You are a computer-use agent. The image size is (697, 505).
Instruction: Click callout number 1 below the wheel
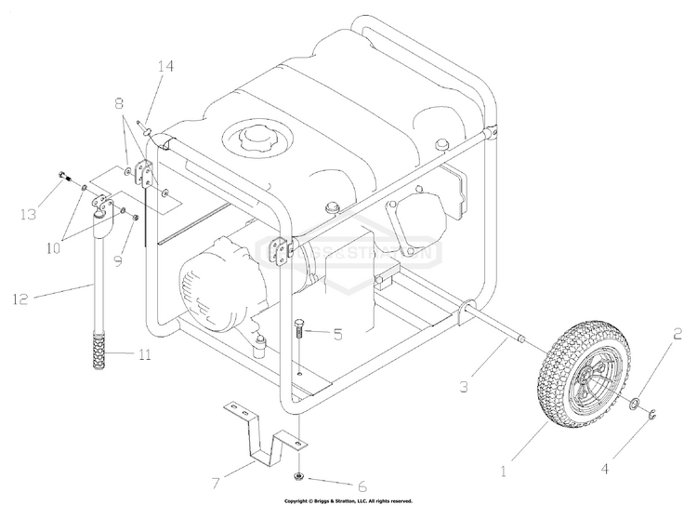coord(505,471)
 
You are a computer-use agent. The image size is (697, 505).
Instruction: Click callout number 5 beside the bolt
coord(337,334)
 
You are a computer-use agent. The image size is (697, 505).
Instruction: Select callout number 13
coord(28,214)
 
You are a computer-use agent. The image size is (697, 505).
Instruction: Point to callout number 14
coord(165,66)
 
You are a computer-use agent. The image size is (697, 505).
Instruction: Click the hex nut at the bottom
coord(300,476)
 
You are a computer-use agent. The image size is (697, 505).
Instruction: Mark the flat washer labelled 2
coord(633,404)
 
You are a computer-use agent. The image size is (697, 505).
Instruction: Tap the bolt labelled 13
coord(62,177)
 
